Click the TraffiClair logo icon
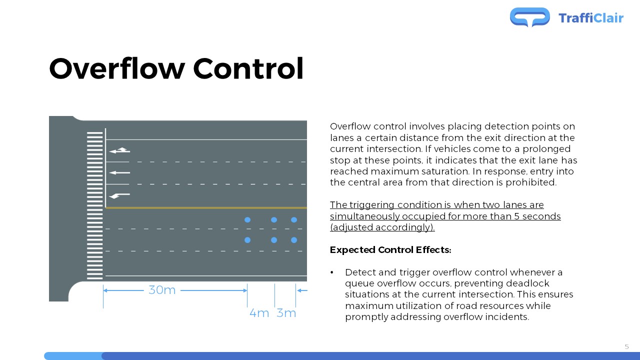tap(529, 17)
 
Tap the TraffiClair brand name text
tap(591, 18)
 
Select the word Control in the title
tap(248, 68)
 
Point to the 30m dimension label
tap(162, 290)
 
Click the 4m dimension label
tap(259, 313)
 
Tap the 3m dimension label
tap(286, 313)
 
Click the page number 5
tap(627, 347)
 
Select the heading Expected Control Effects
tap(390, 249)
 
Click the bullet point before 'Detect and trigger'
tap(331, 272)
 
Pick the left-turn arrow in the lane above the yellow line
tap(119, 195)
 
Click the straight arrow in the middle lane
tap(119, 172)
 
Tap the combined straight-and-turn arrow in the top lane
tap(119, 150)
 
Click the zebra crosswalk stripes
tap(94, 205)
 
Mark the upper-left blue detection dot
tap(247, 219)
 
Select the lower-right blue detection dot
tap(294, 240)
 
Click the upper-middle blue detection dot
tap(273, 219)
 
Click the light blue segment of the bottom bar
tap(73, 356)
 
